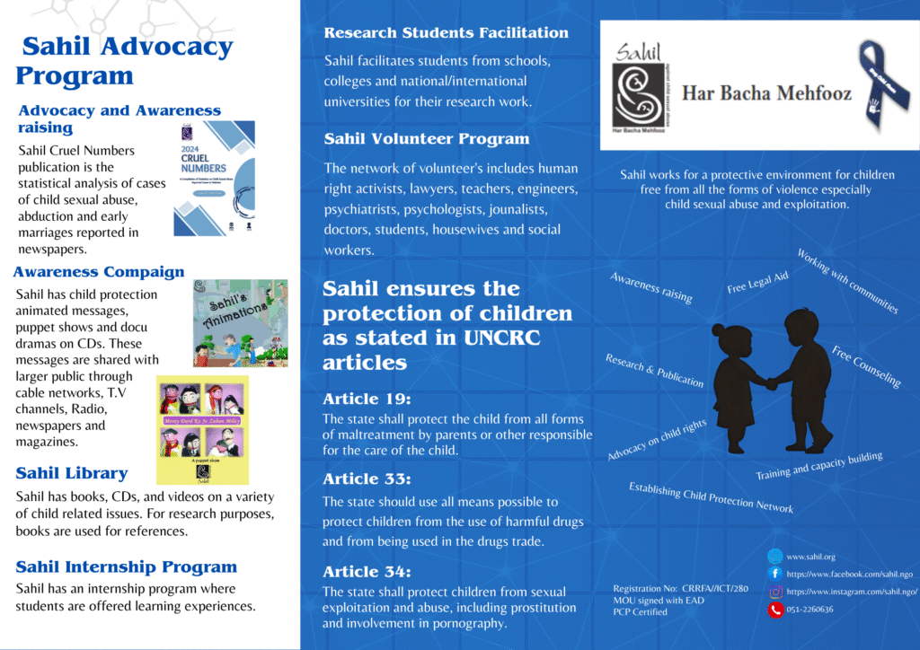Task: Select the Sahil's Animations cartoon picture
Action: click(240, 322)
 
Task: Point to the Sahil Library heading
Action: click(72, 473)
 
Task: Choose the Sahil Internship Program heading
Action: click(127, 567)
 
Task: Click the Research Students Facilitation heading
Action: click(446, 33)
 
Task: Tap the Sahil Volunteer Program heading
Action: click(426, 139)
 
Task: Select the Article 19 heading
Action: click(366, 400)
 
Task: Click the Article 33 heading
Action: click(367, 479)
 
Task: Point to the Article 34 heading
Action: click(367, 572)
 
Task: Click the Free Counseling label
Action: click(865, 366)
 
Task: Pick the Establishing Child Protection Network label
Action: click(711, 497)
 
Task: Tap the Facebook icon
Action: click(774, 573)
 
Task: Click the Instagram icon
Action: click(774, 592)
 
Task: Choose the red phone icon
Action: click(774, 610)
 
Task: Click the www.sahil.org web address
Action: click(810, 557)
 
